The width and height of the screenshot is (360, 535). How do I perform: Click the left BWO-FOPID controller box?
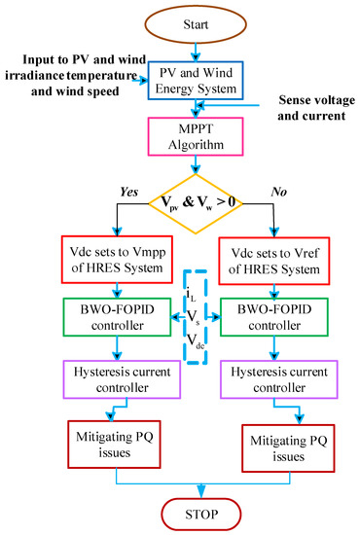pyautogui.click(x=116, y=317)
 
